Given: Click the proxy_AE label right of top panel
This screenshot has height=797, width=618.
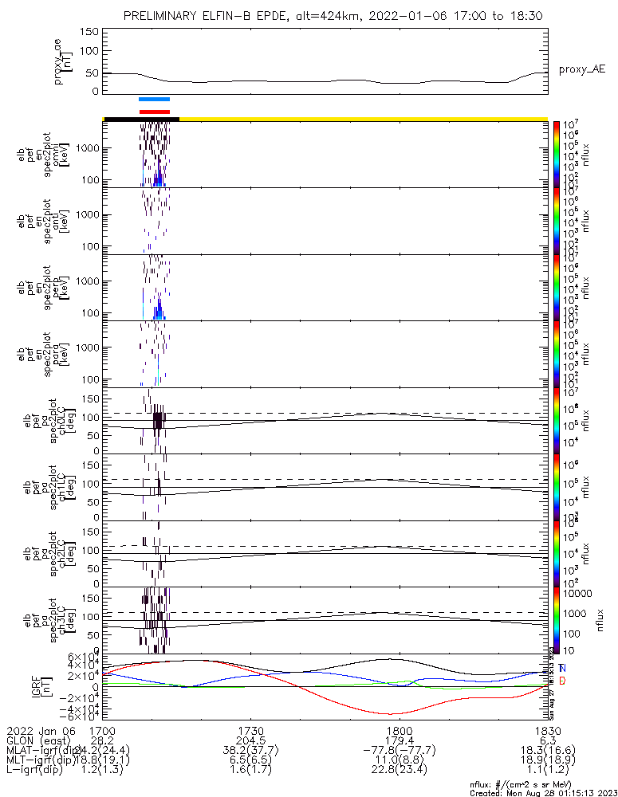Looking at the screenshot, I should pos(581,69).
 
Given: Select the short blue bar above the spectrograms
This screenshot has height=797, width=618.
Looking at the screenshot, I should pos(154,100).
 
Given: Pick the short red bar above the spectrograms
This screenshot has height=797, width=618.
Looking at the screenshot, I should pos(154,112).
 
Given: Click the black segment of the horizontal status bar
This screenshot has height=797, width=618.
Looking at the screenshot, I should pos(141,119).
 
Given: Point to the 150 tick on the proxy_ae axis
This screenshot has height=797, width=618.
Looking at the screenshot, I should pos(89,32).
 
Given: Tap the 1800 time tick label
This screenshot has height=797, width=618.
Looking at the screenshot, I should pos(398,730).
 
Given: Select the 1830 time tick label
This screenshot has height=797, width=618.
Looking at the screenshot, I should pos(546,730).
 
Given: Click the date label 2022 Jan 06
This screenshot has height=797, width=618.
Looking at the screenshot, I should pos(40,730).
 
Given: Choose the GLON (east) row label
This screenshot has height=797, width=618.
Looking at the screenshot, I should pos(37,740).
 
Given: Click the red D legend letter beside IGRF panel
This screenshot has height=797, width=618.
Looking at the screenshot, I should pos(562,681).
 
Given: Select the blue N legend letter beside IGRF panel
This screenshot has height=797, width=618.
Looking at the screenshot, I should pos(562,668).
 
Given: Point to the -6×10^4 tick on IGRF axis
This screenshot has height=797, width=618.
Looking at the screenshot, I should pos(81,716).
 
